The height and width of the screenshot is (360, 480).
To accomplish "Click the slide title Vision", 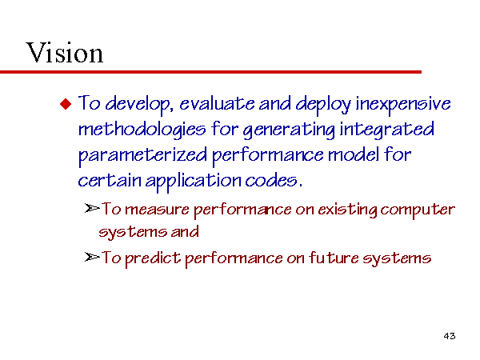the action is tap(65, 53).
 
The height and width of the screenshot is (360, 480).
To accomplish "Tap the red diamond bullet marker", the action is tap(66, 104).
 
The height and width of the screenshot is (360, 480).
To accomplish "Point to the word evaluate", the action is tap(217, 103).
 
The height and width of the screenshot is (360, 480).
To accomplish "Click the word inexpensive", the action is tap(403, 104).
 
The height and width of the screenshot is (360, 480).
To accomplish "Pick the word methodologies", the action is tap(142, 130).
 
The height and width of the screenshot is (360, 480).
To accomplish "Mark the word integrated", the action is tap(387, 130).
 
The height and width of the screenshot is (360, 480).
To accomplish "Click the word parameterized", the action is tap(142, 155).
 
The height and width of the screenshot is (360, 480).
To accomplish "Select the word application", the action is tap(194, 182).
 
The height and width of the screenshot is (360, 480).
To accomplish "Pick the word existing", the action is tap(347, 210).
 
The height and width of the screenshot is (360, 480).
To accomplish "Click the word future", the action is tap(334, 258).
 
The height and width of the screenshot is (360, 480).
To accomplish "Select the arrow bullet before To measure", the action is tap(92, 209).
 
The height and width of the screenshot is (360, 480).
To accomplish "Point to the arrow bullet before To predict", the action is tap(92, 257).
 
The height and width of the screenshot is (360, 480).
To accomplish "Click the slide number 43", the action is tap(450, 336).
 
